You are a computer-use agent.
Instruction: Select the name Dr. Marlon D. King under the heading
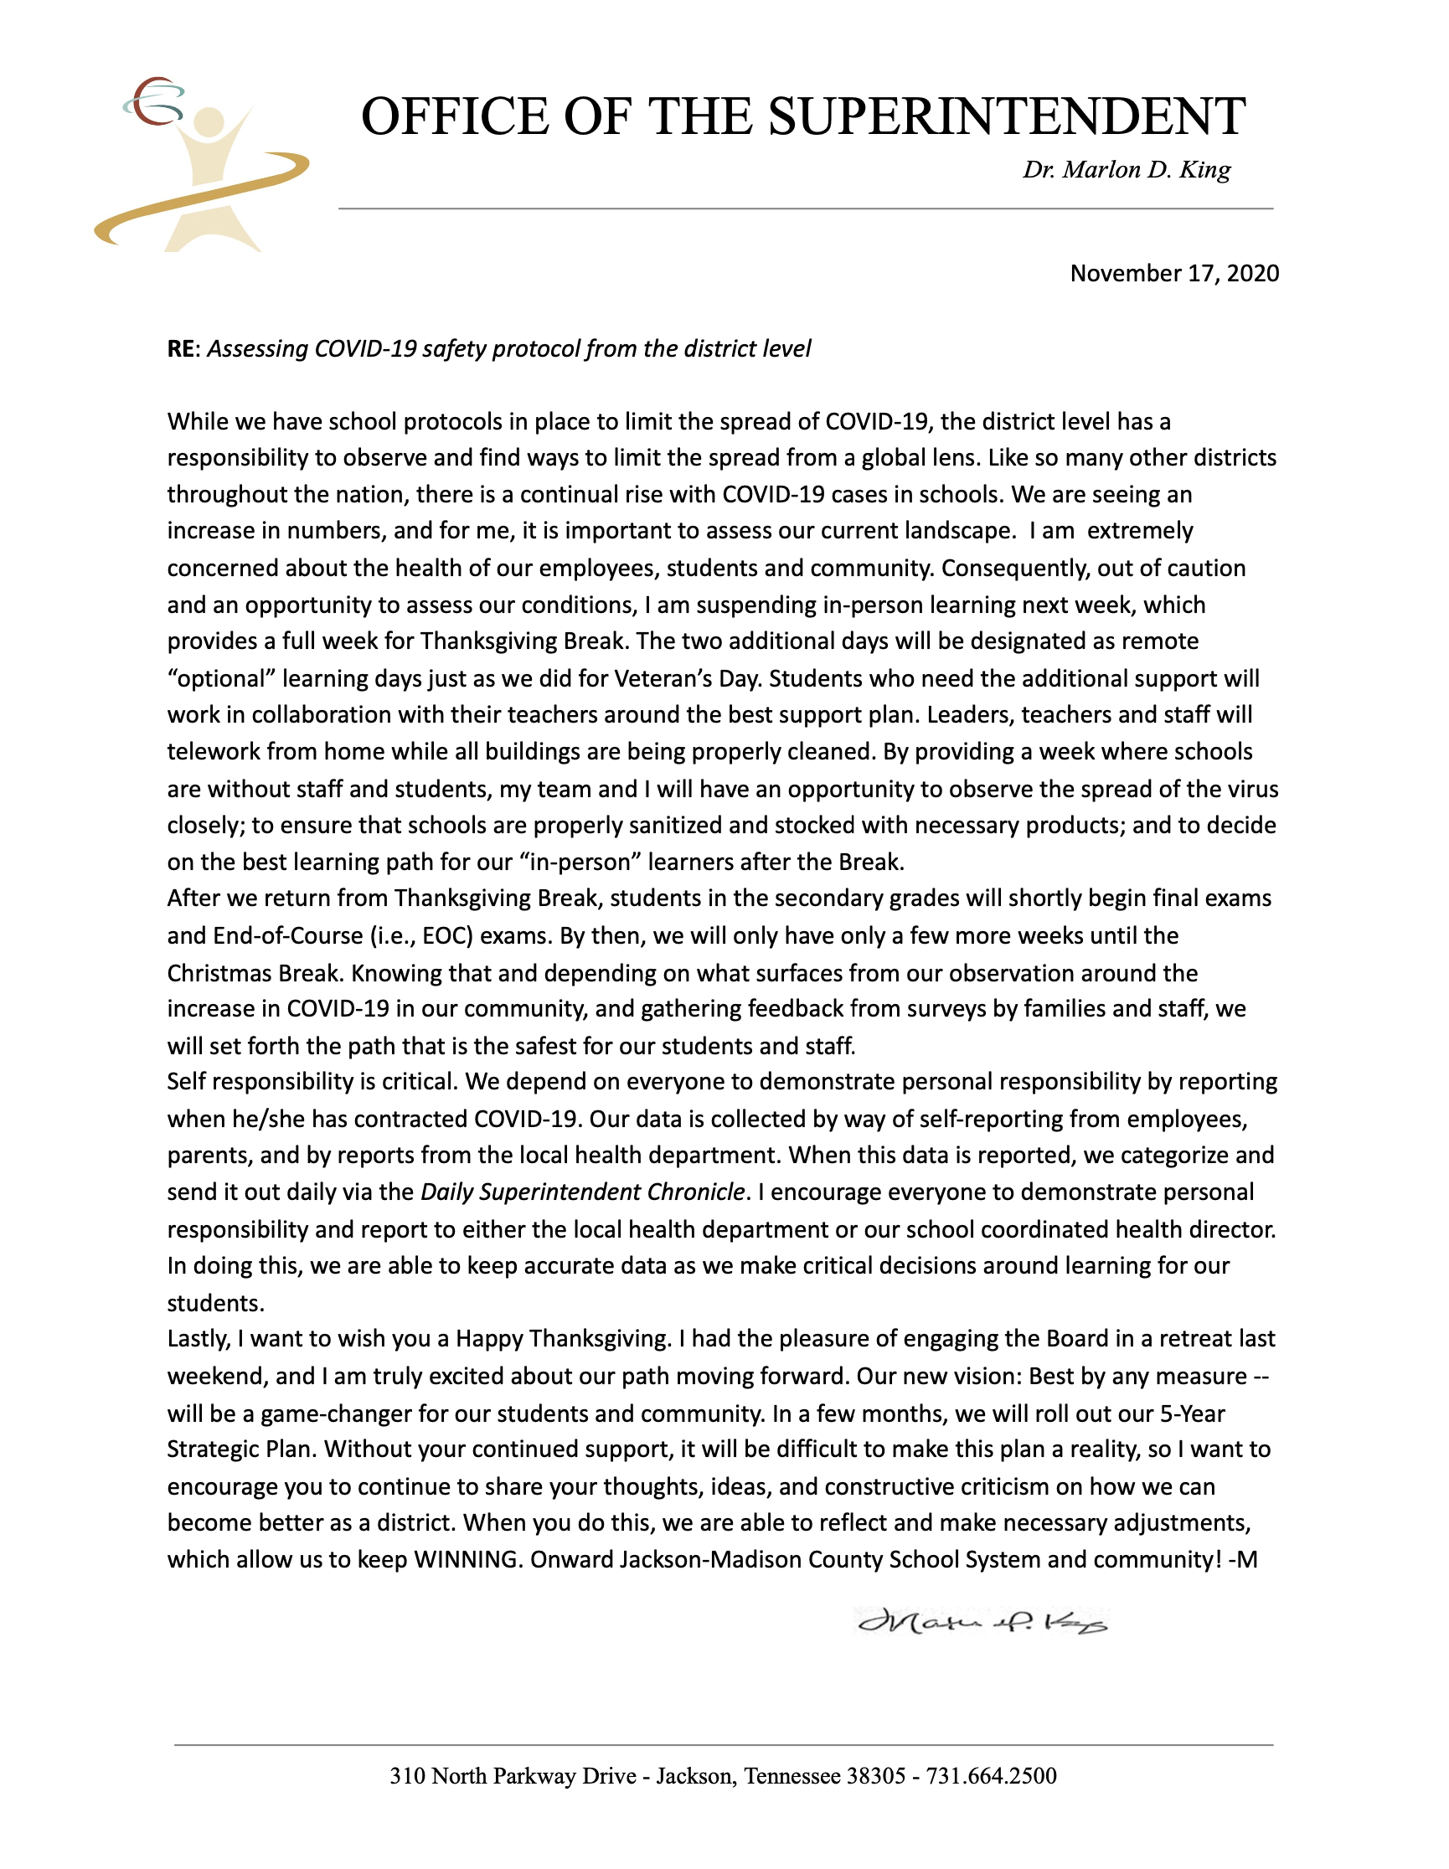coord(1127,169)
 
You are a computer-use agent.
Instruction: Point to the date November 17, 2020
coord(1174,273)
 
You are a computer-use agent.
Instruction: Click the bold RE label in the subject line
coord(181,349)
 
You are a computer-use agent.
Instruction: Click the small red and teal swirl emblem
coord(154,101)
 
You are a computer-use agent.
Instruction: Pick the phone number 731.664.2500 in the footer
coord(991,1776)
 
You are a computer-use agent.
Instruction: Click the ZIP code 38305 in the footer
coord(875,1776)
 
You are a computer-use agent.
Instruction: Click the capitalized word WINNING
coord(467,1559)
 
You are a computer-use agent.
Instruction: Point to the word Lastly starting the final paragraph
coord(199,1338)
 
